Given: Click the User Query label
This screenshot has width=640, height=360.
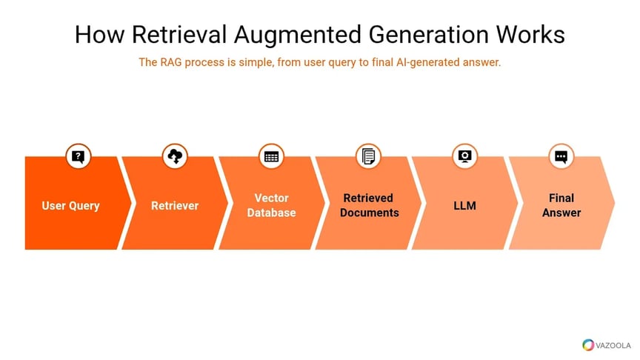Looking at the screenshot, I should click(x=70, y=206).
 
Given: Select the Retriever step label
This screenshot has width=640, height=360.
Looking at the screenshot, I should click(x=175, y=206).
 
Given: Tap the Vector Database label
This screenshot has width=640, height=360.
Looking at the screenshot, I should click(x=271, y=206).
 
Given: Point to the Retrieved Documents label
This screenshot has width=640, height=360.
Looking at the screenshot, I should click(x=369, y=206).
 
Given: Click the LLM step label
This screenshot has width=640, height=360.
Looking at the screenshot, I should click(x=464, y=206).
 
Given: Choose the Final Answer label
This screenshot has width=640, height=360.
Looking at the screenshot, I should click(x=561, y=206).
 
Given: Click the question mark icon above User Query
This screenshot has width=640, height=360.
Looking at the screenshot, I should click(x=79, y=156).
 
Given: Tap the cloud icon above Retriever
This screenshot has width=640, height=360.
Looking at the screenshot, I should click(x=175, y=156).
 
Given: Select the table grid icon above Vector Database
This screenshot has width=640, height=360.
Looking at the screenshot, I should click(x=271, y=156).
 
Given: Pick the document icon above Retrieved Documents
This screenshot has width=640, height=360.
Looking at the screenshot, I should click(x=368, y=156).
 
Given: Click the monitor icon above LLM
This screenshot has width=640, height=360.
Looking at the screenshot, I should click(x=464, y=156).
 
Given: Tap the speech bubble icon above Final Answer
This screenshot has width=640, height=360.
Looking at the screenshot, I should click(x=561, y=156).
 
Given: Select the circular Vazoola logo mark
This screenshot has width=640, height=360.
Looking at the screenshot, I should click(x=588, y=344).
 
